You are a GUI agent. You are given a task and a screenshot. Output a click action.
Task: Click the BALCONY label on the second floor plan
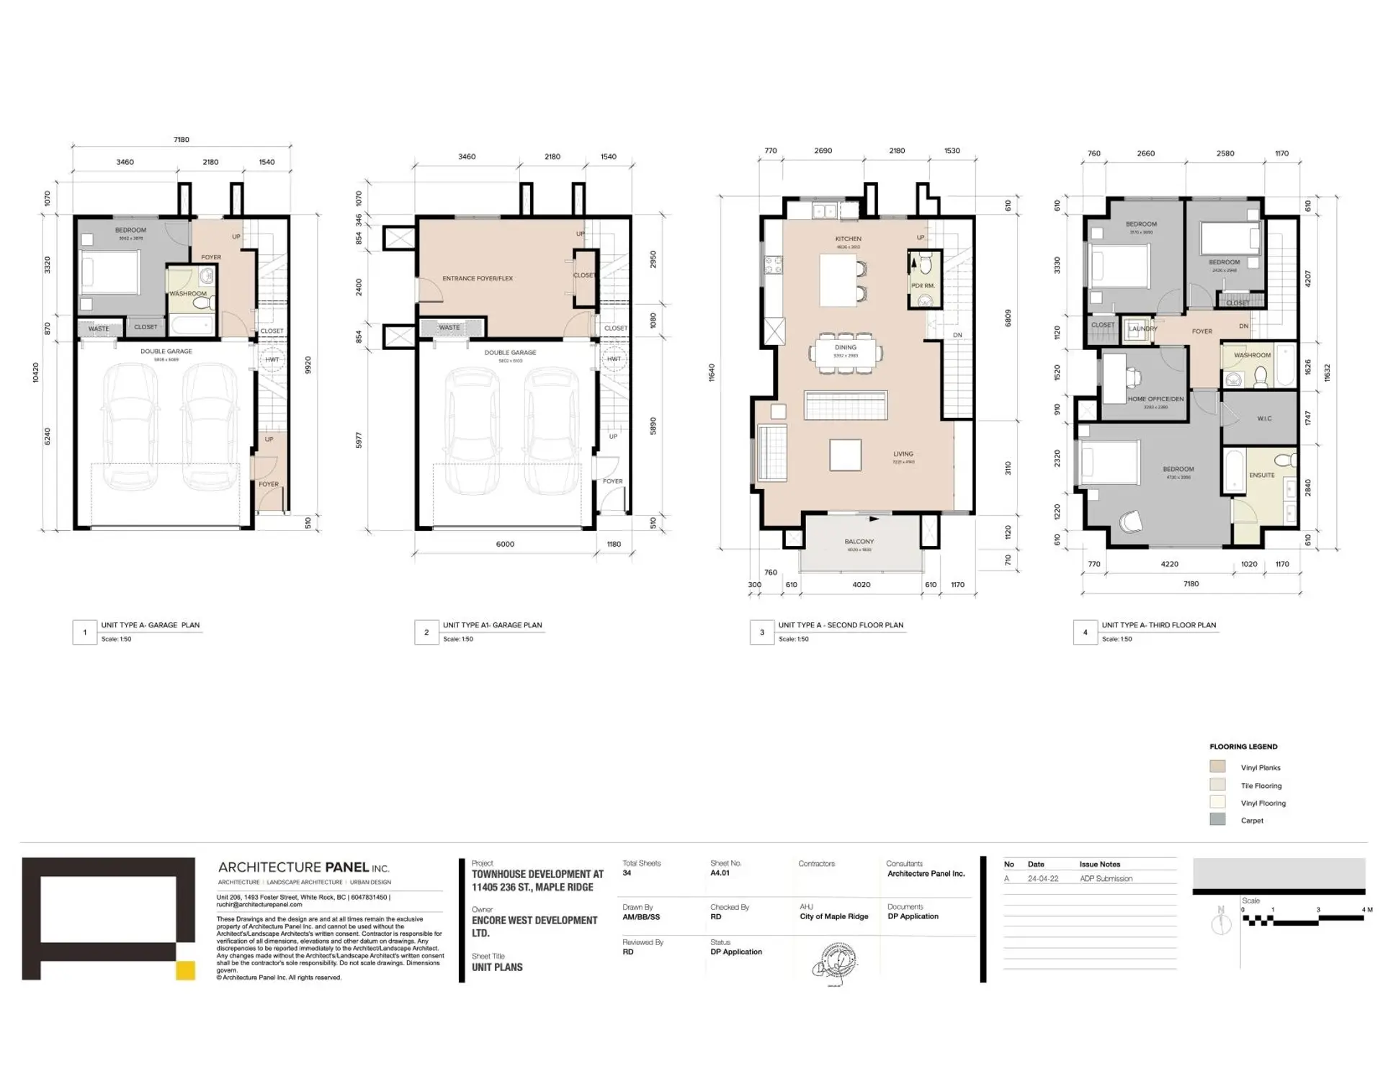[x=859, y=541]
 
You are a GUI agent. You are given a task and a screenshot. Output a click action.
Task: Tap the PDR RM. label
[x=923, y=286]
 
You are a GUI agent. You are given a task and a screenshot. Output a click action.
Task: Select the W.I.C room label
[x=1263, y=419]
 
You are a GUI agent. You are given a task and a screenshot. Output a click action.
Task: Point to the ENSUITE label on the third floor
[x=1261, y=475]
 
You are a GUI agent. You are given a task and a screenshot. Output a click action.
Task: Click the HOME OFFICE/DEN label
[x=1155, y=399]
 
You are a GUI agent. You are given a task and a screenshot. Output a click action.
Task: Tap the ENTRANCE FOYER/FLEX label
[x=478, y=278]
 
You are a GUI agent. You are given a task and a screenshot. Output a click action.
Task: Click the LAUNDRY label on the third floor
[x=1142, y=328]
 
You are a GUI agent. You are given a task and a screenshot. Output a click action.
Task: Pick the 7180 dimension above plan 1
[x=182, y=140]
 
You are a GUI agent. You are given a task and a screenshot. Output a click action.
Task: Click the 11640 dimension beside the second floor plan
[x=712, y=372]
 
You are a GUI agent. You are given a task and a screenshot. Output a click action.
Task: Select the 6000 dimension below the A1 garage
[x=505, y=544]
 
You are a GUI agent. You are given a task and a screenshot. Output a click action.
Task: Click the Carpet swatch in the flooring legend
[x=1217, y=820]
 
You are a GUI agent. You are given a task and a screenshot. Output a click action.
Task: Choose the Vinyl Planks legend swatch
[x=1217, y=766]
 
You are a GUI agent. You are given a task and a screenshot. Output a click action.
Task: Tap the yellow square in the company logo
[x=185, y=970]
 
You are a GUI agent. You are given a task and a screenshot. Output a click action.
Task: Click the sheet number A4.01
[x=720, y=873]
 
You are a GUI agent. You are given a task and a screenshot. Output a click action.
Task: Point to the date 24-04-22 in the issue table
[x=1042, y=879]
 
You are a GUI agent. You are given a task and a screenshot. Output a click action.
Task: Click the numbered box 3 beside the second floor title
[x=761, y=632]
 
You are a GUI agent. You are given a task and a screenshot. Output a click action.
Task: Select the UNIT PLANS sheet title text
[x=497, y=967]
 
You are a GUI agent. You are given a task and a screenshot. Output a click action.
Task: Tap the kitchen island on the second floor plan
[x=837, y=280]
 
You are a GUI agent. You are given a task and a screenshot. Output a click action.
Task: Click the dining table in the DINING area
[x=846, y=354]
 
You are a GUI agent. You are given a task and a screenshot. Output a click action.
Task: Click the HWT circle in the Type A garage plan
[x=272, y=359]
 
